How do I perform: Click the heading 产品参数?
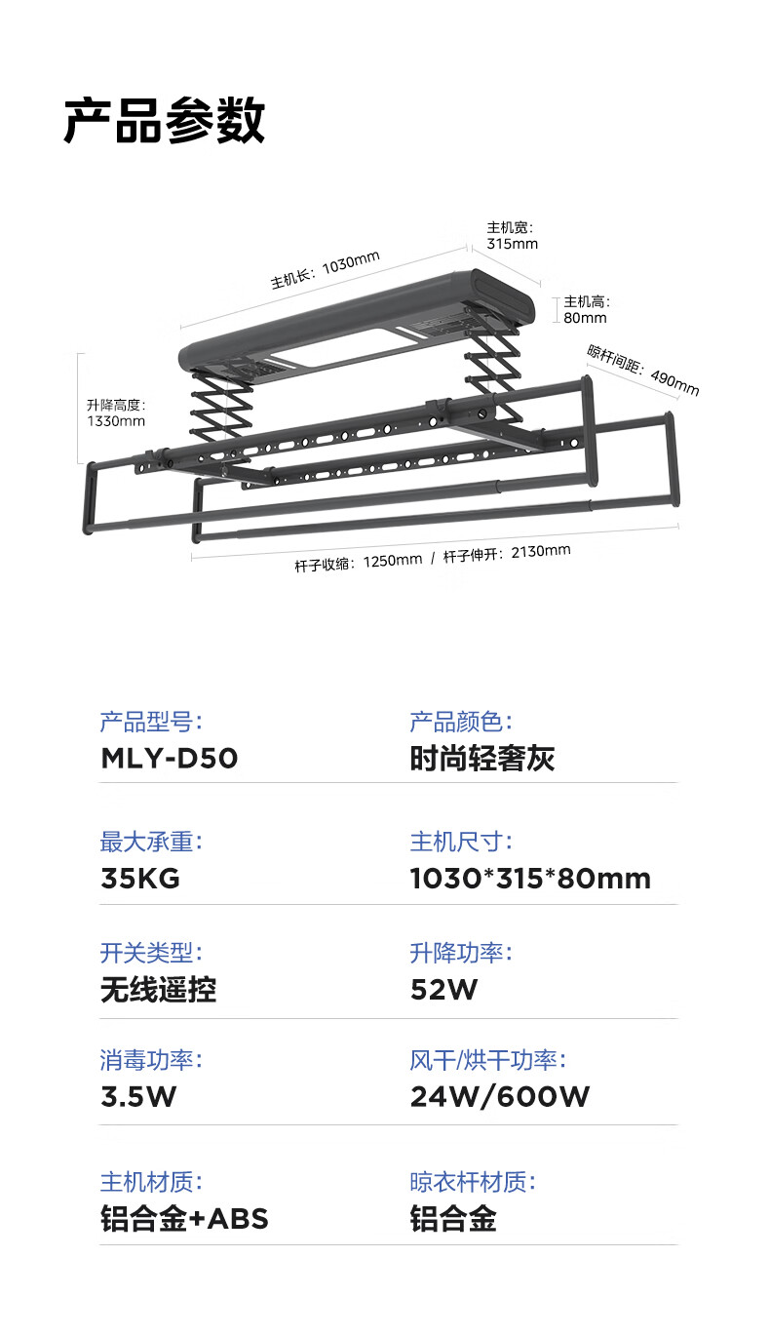tap(164, 121)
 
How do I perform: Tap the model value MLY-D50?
tap(170, 758)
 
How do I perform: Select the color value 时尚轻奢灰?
tap(482, 758)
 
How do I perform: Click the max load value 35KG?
tap(140, 879)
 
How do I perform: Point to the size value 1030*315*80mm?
tap(530, 879)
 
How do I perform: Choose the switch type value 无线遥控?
tap(159, 990)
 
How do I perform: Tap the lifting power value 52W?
tap(443, 990)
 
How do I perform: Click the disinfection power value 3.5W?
tap(138, 1097)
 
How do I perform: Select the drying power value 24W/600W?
tap(499, 1097)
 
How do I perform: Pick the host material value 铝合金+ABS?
tap(184, 1219)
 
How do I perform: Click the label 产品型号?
tap(151, 723)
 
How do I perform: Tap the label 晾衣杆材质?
tap(473, 1182)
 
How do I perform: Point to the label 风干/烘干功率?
tap(487, 1060)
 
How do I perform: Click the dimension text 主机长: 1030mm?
tap(326, 270)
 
